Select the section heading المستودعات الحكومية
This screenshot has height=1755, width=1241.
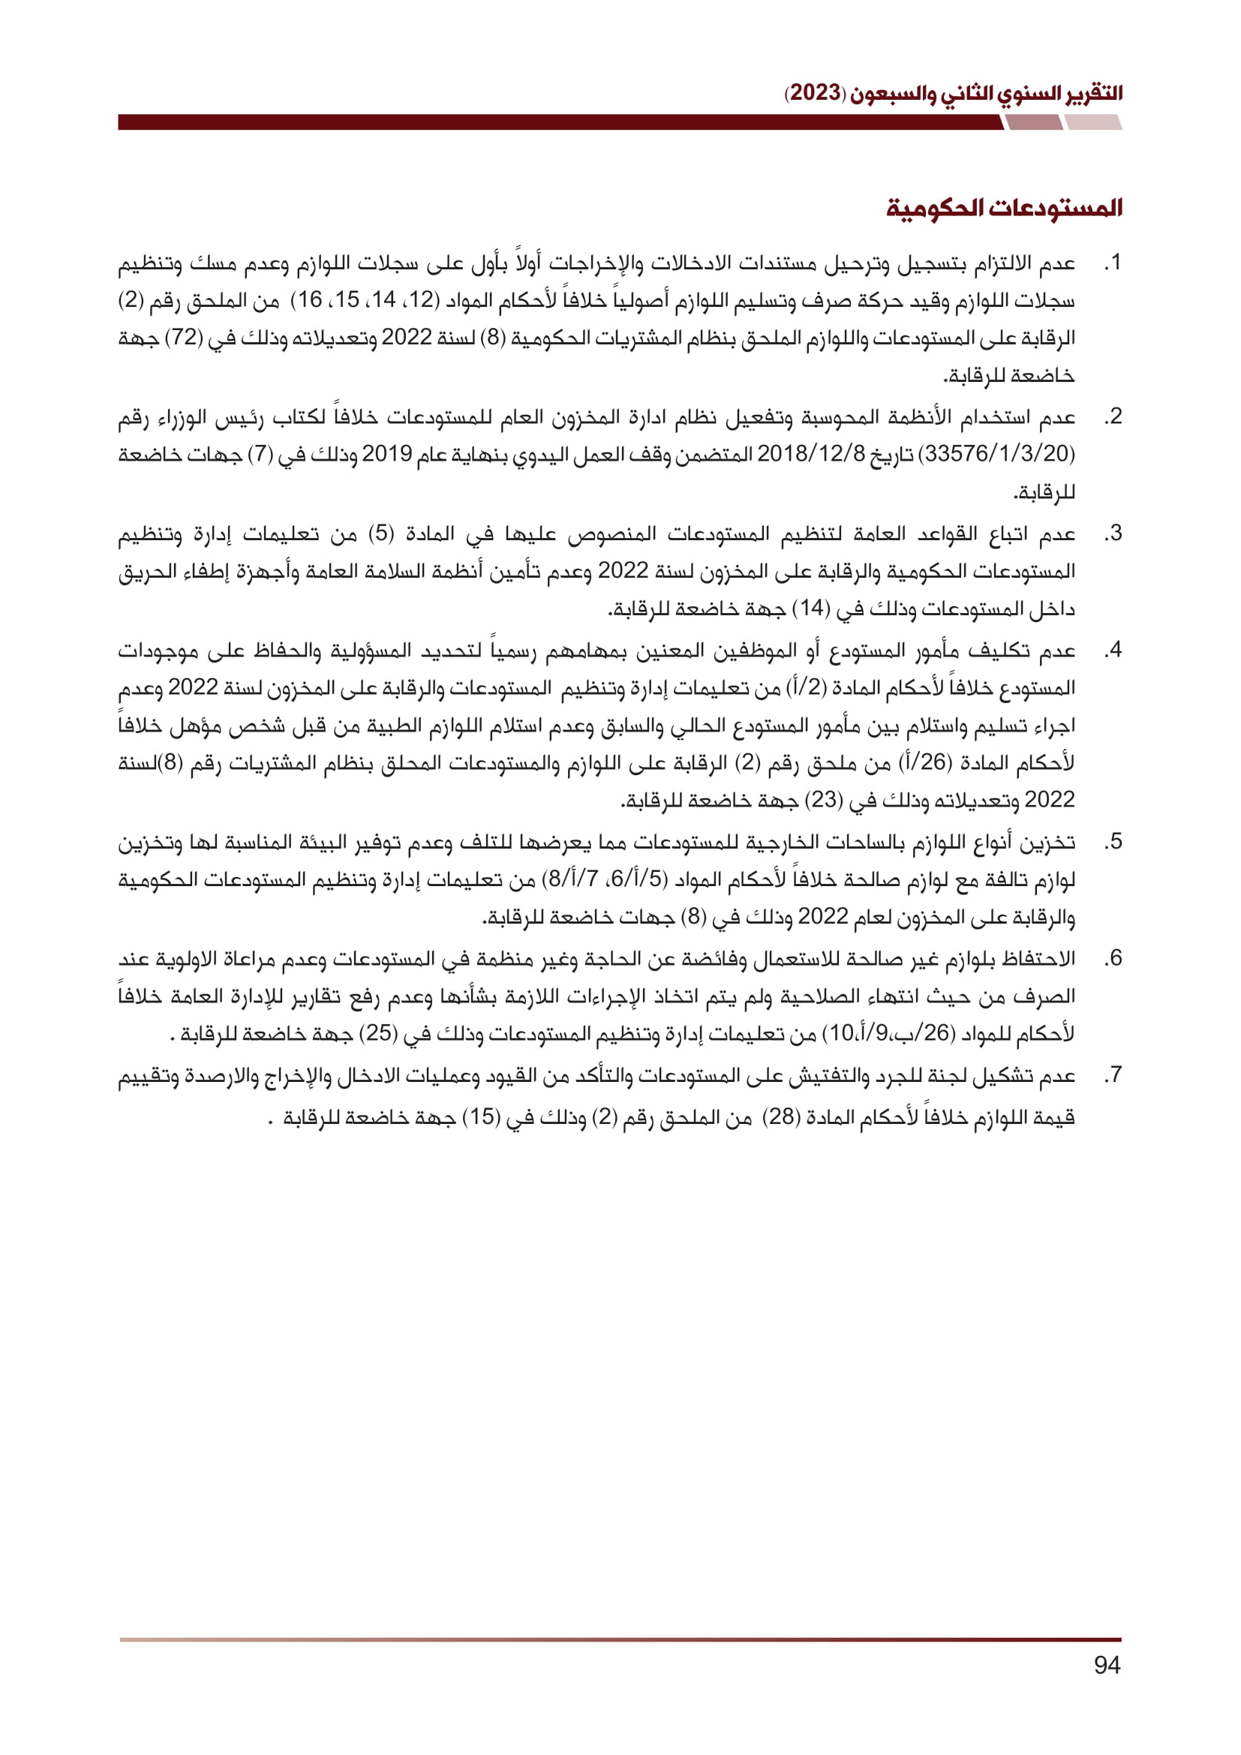tap(1004, 208)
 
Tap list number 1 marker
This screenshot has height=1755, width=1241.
tap(1113, 263)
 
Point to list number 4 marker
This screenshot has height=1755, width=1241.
tap(1113, 651)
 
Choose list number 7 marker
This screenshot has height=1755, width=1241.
tap(1113, 1075)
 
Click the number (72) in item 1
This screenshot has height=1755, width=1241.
tap(182, 338)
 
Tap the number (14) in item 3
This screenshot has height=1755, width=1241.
tap(811, 609)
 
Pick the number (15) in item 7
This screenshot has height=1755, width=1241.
tap(482, 1117)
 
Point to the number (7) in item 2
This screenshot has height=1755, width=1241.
tap(260, 455)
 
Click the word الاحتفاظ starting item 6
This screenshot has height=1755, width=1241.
tap(1037, 958)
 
